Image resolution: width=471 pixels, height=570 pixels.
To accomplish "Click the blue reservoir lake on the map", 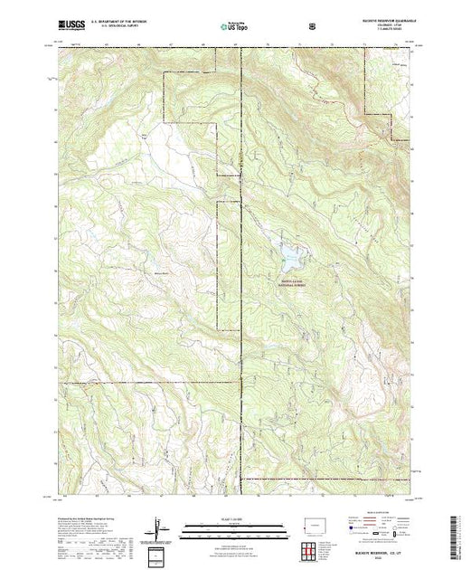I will click(x=290, y=257).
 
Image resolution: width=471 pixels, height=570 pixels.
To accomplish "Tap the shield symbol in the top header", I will click(x=312, y=30).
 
